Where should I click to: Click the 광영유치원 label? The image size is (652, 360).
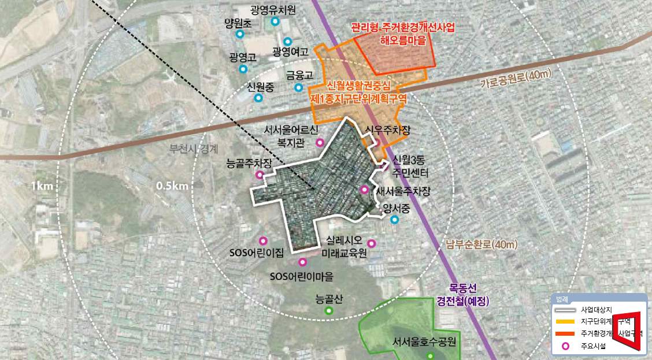click(273, 10)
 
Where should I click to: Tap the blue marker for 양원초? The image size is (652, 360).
click(240, 34)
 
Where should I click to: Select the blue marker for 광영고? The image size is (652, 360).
click(243, 69)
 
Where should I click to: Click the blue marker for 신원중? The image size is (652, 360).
click(258, 98)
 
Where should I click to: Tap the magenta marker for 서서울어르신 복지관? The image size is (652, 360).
click(320, 142)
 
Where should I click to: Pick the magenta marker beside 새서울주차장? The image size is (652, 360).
click(364, 190)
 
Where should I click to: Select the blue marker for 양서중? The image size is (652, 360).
click(395, 220)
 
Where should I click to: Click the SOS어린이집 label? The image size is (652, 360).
click(257, 253)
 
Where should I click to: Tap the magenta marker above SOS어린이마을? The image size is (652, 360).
click(302, 262)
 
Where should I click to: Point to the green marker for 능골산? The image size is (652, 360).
click(329, 310)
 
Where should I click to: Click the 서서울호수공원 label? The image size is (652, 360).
click(424, 341)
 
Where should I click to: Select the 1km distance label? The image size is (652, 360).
click(42, 186)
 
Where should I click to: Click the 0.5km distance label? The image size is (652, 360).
click(172, 186)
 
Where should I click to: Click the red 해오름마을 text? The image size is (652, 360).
click(403, 40)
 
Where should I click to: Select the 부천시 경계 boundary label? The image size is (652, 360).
click(194, 148)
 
